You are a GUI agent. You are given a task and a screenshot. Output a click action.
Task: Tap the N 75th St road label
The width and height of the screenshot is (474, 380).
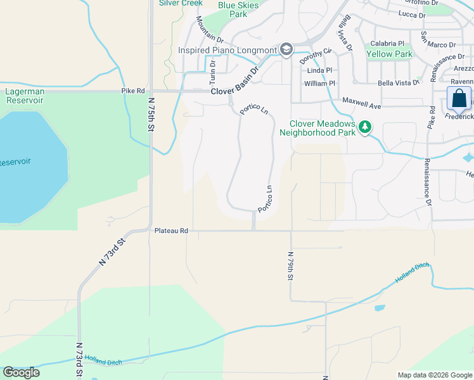[152, 113]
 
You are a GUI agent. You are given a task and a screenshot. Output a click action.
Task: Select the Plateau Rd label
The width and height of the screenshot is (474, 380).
[171, 231]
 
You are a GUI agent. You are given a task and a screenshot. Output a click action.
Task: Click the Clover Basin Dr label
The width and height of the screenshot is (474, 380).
[235, 83]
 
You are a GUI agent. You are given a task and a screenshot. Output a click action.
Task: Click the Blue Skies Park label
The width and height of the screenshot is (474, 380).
[238, 9]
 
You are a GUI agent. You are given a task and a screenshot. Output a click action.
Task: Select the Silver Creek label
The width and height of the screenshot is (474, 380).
[181, 3]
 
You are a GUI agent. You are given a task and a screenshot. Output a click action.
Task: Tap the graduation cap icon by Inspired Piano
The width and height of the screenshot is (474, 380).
[286, 49]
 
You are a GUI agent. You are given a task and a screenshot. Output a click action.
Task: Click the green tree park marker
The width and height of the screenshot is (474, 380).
[364, 127]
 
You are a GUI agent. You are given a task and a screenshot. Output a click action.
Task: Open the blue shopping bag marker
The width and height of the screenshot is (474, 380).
[458, 99]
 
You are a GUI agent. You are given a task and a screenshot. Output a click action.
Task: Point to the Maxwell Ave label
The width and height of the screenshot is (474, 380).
[361, 101]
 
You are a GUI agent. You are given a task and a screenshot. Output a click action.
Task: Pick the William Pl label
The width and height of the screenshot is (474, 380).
[319, 84]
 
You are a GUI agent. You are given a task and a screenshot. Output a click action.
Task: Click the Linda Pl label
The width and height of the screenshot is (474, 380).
[319, 70]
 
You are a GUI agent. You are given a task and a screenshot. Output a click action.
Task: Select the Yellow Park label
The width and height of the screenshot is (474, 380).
[389, 54]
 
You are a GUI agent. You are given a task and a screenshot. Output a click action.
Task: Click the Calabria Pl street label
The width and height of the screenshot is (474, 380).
[387, 44]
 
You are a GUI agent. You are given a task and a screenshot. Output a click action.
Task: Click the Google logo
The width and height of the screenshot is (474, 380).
[21, 372]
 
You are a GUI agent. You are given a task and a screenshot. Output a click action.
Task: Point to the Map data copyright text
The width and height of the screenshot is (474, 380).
[434, 375]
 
